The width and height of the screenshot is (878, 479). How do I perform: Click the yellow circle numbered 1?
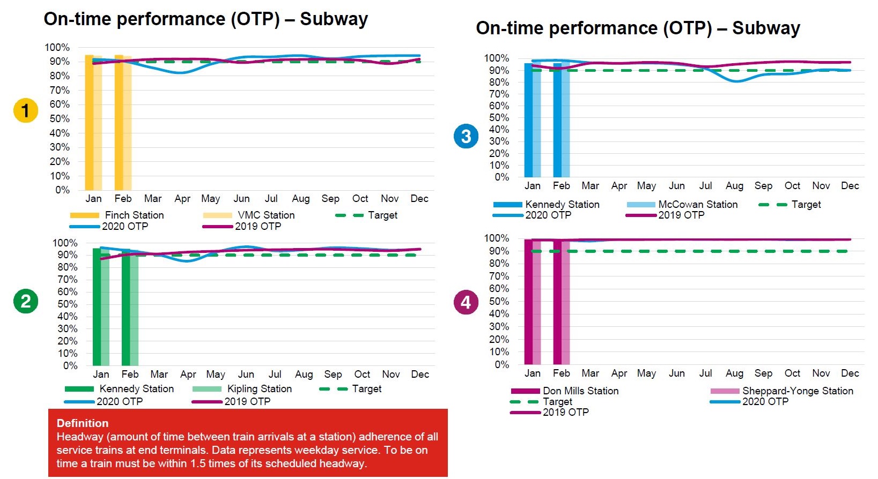click(x=25, y=111)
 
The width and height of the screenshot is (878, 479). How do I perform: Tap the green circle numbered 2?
click(x=25, y=301)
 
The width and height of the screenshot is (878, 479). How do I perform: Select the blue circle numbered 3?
click(x=466, y=136)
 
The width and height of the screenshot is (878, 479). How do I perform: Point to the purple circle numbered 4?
click(x=466, y=302)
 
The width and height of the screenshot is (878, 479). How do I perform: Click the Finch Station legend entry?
click(x=134, y=215)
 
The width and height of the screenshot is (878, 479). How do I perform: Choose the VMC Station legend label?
click(x=266, y=215)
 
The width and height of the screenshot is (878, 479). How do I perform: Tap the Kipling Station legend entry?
click(x=259, y=389)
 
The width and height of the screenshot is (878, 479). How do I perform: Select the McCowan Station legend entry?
click(x=698, y=205)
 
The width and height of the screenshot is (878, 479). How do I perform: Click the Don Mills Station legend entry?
click(x=580, y=391)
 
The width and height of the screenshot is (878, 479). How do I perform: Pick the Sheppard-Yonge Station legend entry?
click(x=797, y=391)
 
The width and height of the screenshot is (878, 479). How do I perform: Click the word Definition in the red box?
click(x=83, y=423)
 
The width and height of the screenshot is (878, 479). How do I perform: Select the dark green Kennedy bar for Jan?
click(x=97, y=306)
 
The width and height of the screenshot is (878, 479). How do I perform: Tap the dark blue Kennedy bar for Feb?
click(x=557, y=120)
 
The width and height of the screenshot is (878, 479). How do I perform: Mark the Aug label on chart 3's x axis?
click(x=734, y=186)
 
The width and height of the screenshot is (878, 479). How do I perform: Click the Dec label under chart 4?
click(x=850, y=373)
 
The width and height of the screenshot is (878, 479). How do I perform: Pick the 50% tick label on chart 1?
click(x=59, y=118)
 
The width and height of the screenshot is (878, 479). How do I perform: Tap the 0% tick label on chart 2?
click(x=70, y=366)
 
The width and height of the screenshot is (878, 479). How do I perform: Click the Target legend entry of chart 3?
click(x=806, y=205)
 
